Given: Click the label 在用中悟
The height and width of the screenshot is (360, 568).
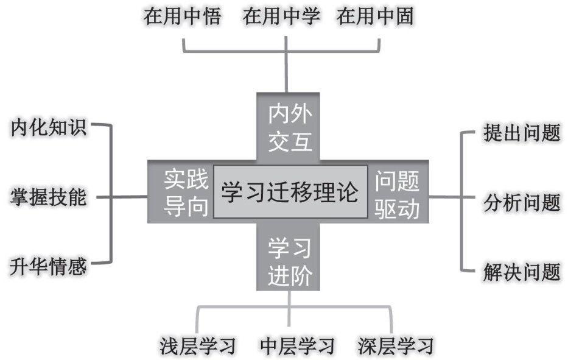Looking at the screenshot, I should (182, 16).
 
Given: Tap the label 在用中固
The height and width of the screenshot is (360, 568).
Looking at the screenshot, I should (376, 16).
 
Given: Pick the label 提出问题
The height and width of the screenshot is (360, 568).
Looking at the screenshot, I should (521, 133).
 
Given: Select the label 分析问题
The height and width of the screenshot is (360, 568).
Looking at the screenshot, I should (521, 202).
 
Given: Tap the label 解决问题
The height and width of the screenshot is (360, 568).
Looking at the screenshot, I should (521, 271).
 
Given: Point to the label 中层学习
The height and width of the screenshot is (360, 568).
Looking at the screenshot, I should (296, 345).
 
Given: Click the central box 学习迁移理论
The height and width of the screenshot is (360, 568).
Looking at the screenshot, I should (290, 192).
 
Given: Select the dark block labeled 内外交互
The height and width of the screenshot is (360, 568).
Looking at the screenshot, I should (290, 128).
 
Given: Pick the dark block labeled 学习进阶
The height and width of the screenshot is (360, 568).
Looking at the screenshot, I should (290, 262).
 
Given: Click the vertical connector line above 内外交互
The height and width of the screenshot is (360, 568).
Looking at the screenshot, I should (286, 70).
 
